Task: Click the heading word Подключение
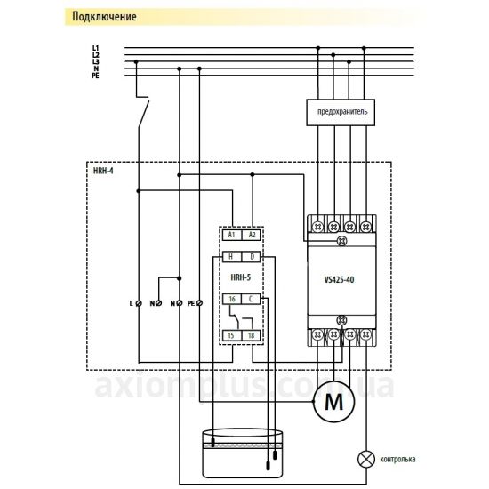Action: (x=104, y=17)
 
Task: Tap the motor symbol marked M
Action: (x=333, y=401)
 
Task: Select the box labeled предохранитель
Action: (x=341, y=113)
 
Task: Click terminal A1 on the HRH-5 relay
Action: (x=232, y=235)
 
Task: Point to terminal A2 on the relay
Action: (x=251, y=235)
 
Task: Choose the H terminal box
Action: (x=232, y=257)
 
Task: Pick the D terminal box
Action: (x=251, y=257)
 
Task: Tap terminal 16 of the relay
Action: (x=232, y=299)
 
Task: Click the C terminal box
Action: (x=251, y=299)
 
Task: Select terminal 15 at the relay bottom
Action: (x=232, y=335)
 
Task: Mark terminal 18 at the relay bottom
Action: (x=251, y=335)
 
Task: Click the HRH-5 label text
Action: (x=240, y=277)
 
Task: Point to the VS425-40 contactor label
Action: (x=339, y=279)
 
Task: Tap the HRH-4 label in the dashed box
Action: (x=103, y=171)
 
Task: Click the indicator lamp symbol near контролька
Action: (x=365, y=459)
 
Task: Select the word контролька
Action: (x=397, y=460)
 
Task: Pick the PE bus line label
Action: (x=95, y=76)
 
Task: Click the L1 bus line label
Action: (x=95, y=48)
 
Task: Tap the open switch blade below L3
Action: (x=144, y=114)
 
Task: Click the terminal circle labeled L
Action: (x=139, y=303)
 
